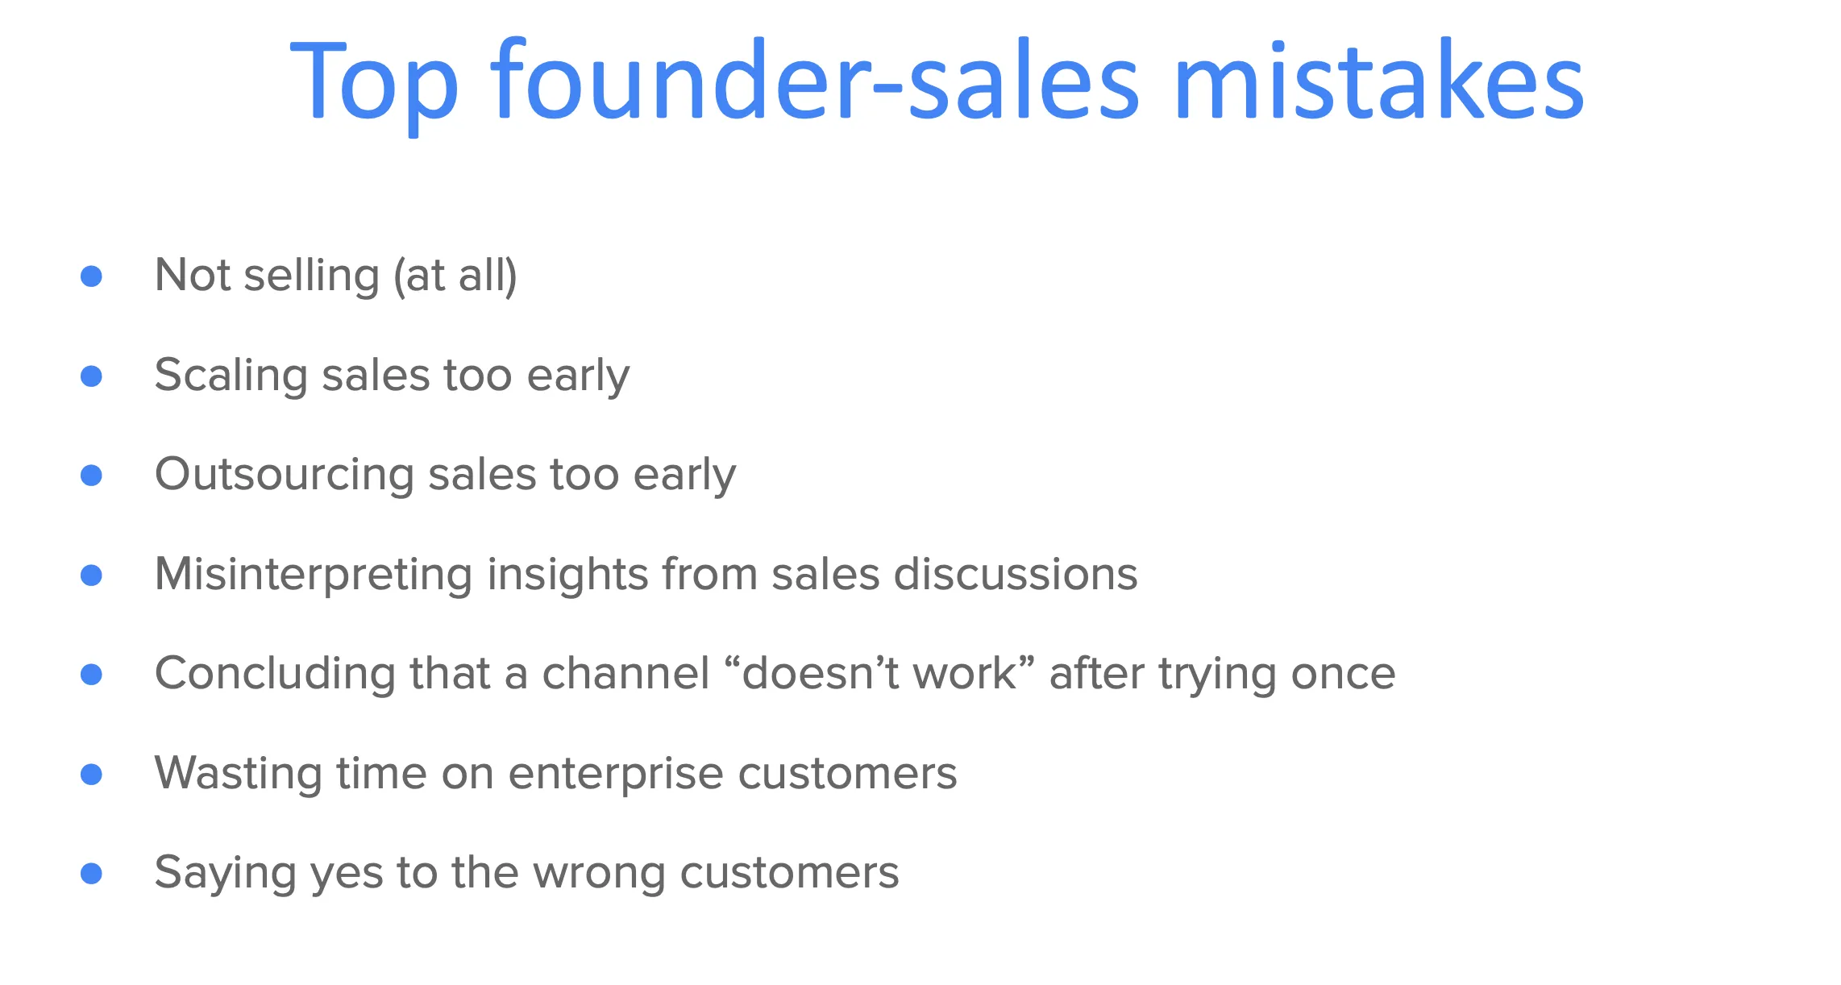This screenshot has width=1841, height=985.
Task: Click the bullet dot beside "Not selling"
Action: click(92, 276)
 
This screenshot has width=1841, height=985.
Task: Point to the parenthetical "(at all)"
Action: click(455, 276)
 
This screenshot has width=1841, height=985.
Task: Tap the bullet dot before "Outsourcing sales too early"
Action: click(92, 476)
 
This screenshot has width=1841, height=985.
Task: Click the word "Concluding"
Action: click(274, 675)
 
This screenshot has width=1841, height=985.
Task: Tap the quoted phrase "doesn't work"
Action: click(879, 674)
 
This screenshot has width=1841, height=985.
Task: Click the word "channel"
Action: click(625, 674)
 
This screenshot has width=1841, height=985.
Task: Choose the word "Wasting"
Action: click(237, 775)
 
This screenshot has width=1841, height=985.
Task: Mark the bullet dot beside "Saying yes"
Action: click(92, 874)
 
